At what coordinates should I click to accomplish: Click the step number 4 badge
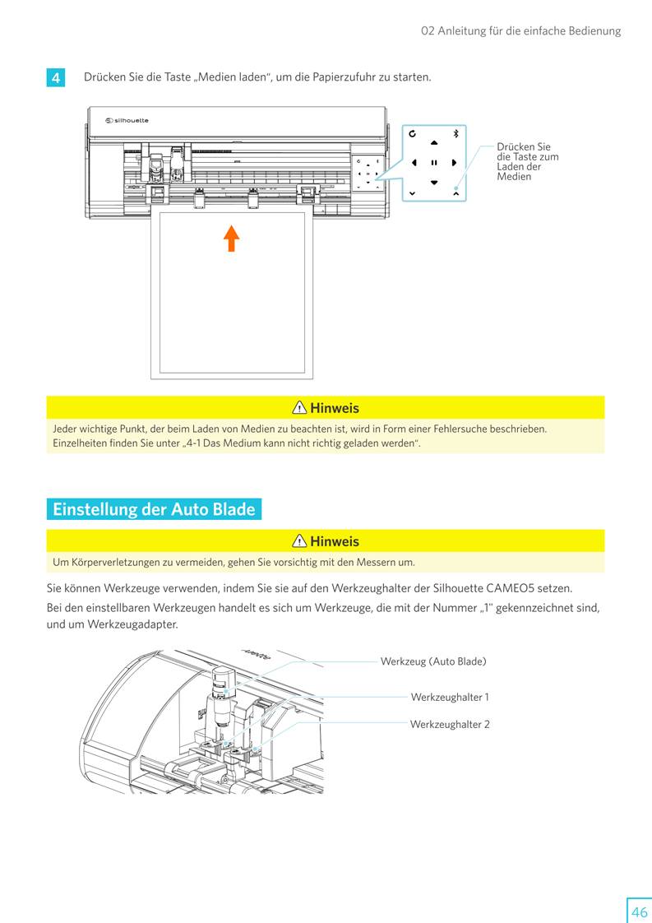click(55, 78)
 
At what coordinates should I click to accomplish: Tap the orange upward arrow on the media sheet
click(232, 238)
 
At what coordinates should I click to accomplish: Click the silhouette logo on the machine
click(127, 121)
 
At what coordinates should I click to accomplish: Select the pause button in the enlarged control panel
click(433, 162)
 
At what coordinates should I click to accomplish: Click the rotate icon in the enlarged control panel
click(412, 133)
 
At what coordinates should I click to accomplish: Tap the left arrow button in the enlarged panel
click(414, 162)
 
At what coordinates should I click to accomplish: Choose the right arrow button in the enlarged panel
click(453, 162)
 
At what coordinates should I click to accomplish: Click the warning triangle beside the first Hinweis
click(299, 408)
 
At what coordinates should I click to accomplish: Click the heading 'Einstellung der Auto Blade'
click(154, 509)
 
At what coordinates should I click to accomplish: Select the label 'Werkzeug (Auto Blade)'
click(433, 661)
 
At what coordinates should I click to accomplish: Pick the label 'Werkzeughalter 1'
click(450, 698)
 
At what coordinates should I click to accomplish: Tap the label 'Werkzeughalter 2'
click(450, 725)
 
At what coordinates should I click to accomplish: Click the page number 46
click(639, 911)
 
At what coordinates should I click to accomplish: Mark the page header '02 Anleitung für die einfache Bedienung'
click(520, 31)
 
